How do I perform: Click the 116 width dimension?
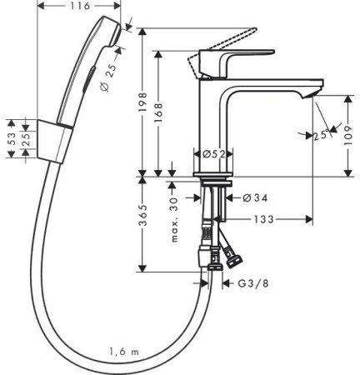(x=71, y=7)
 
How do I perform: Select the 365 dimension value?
(x=143, y=222)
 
